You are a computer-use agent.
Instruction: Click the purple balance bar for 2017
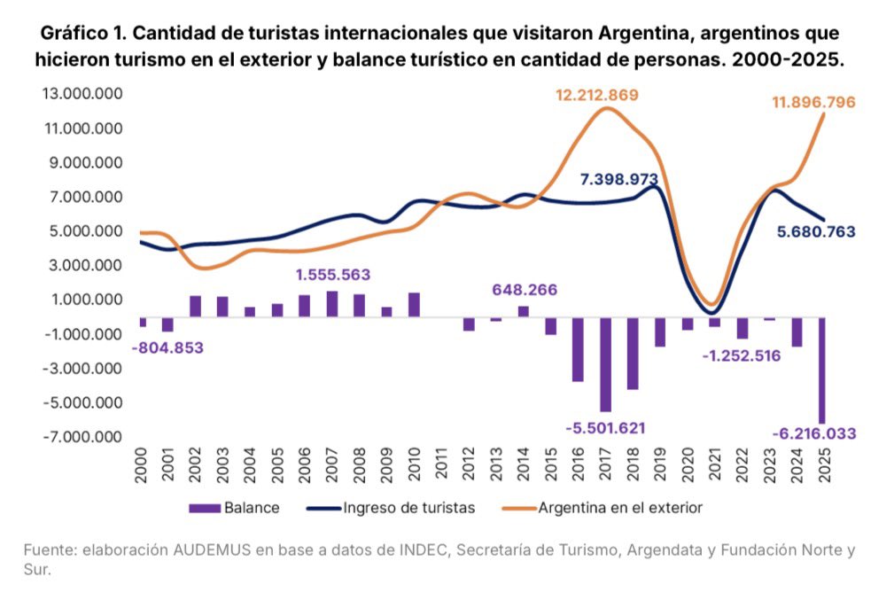pos(605,364)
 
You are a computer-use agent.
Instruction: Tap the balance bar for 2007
pos(332,303)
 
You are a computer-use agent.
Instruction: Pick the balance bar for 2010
pos(414,304)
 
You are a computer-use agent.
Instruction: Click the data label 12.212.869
pos(597,95)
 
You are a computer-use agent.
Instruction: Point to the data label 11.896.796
pos(813,103)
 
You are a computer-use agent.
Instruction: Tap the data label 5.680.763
pos(814,232)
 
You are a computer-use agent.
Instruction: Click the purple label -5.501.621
pos(605,427)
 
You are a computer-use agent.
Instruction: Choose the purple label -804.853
pos(167,347)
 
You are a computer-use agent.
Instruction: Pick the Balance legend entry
pos(236,508)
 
